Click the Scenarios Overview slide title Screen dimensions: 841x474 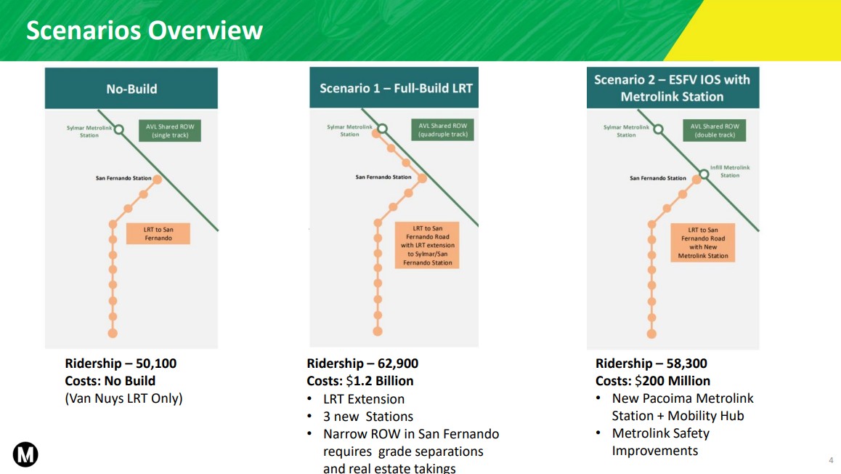pos(145,30)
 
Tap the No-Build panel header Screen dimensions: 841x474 pos(131,88)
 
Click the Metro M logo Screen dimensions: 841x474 pos(25,454)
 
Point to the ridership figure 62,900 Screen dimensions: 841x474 pos(398,363)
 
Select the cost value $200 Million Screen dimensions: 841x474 pos(673,381)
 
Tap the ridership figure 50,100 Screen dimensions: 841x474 pos(156,363)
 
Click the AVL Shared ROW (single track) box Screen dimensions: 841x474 pos(170,130)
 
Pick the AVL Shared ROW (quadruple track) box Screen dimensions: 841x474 pos(443,130)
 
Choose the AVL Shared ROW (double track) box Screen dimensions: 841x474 pos(715,130)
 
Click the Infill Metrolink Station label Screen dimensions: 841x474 pos(730,172)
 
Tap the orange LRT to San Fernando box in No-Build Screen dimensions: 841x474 pos(158,233)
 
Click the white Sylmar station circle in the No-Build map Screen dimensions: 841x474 pos(119,129)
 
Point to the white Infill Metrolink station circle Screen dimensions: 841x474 pos(704,174)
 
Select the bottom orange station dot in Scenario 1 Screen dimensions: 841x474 pos(378,332)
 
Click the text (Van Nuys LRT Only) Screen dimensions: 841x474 pos(124,398)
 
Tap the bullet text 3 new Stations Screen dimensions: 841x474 pos(368,417)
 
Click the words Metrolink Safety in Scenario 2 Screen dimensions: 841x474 pos(661,433)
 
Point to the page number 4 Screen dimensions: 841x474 pos(831,460)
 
